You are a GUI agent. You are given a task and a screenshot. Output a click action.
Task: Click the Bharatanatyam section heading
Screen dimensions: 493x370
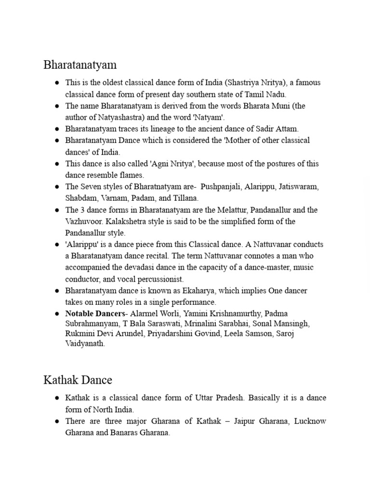(x=80, y=65)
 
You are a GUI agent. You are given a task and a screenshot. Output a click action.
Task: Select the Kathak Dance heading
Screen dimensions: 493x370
(x=78, y=380)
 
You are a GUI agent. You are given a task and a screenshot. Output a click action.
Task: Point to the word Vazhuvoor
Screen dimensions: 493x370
(x=83, y=221)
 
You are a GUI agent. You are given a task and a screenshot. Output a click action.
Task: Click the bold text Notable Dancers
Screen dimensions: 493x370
(x=93, y=313)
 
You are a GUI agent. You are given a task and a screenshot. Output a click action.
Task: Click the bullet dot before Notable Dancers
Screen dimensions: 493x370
(x=56, y=314)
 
